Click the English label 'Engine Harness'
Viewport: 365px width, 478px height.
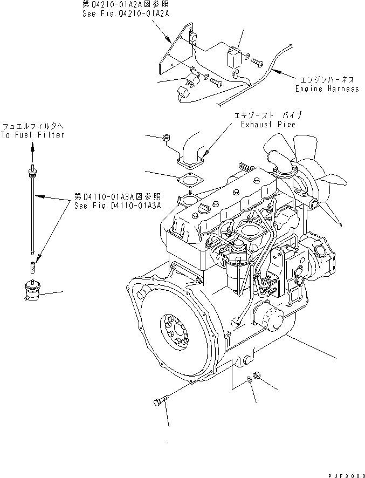(327, 88)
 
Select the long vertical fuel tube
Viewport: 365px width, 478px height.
(33, 216)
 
